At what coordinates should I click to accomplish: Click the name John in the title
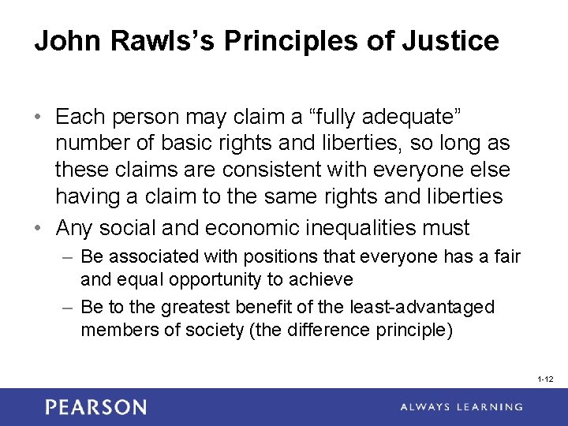click(x=64, y=40)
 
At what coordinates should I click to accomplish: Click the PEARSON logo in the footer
click(x=95, y=407)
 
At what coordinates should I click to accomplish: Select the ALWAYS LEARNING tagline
click(x=461, y=407)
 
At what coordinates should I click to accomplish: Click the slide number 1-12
click(x=544, y=379)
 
